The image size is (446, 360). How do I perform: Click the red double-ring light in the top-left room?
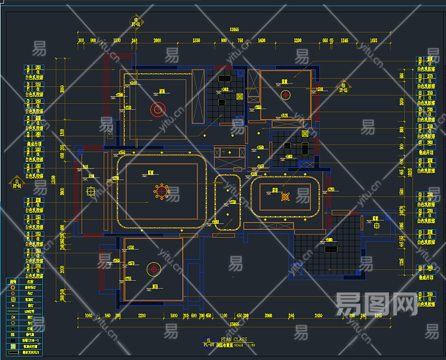[158, 109]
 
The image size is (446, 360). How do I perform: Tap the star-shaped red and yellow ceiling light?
[286, 196]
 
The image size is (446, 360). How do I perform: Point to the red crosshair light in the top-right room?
[285, 94]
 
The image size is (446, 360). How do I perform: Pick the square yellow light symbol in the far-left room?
[90, 191]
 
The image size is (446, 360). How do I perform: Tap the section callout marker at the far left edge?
[17, 181]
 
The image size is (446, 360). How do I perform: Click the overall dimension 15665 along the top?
[233, 29]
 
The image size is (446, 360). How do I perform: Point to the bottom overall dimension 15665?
[233, 325]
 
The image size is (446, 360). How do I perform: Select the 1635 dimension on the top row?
[373, 40]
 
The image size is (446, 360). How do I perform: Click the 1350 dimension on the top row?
[196, 40]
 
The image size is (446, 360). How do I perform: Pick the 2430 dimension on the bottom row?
[318, 315]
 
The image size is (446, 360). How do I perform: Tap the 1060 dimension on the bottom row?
[89, 315]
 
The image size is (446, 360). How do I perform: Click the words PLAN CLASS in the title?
[234, 340]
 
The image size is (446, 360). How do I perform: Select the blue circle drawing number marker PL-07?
[208, 342]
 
